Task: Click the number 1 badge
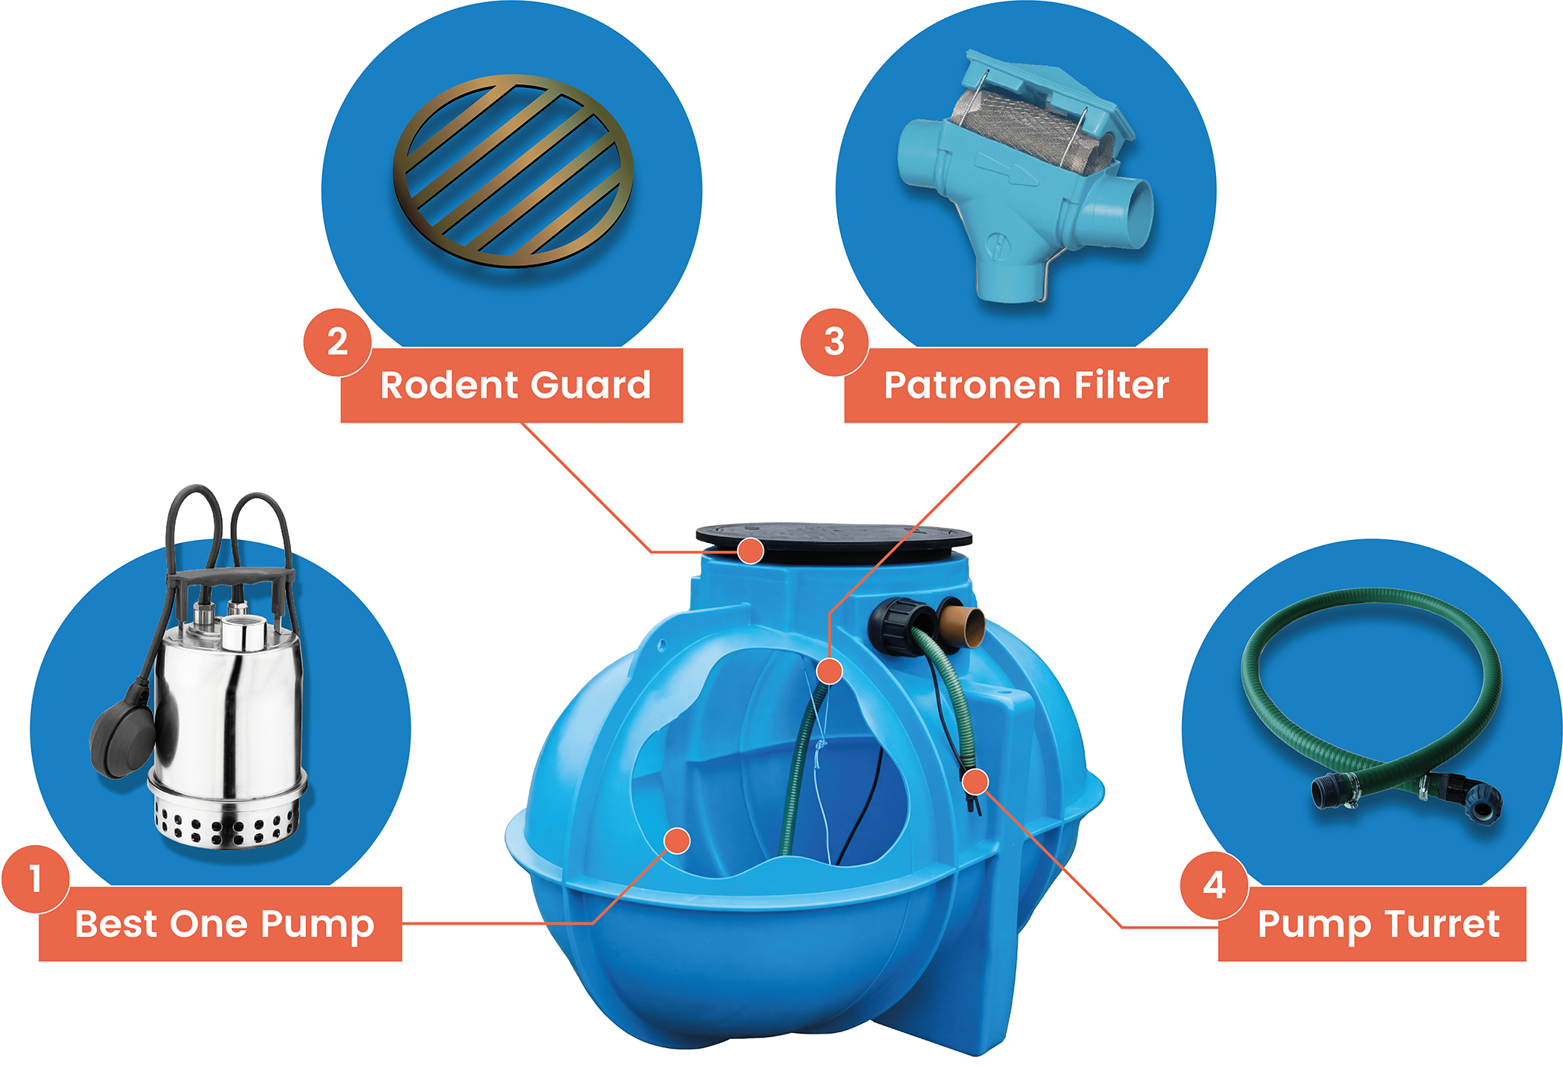[36, 879]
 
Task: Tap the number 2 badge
[337, 342]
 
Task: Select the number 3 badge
[834, 342]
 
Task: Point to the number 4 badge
[1214, 885]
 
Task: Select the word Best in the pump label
[117, 924]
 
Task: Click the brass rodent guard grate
[513, 170]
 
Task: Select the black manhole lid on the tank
[833, 541]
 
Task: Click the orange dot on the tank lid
[750, 551]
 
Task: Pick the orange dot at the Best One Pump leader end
[677, 841]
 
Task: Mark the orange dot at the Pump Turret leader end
[976, 782]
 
